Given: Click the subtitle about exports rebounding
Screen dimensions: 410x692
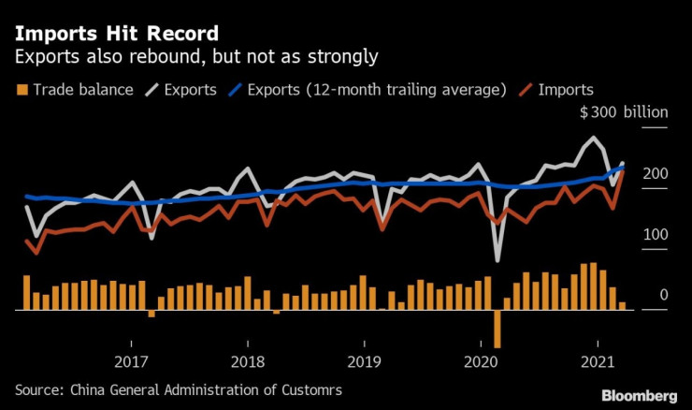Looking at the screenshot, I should coord(195,57).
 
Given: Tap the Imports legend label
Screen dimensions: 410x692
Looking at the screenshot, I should coord(565,90).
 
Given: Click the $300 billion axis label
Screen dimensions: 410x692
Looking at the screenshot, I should coord(624,113).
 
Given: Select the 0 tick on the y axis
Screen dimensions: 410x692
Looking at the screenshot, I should coord(663,295).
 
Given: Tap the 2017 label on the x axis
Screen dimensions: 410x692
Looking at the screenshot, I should coord(132,361).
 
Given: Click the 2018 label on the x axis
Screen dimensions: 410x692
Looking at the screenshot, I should coord(248,361).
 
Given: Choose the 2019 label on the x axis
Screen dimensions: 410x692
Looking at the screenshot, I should coord(364,361).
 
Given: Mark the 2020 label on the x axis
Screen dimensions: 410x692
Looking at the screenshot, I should coord(481,361).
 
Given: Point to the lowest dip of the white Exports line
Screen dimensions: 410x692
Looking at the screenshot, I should coord(497,259).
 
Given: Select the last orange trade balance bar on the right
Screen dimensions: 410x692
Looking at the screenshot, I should coord(622,305).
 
